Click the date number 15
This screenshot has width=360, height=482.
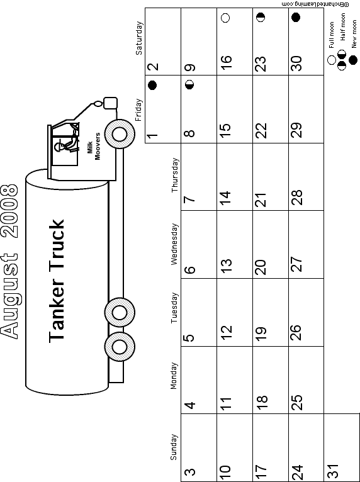coord(225,126)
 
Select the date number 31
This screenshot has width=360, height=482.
coord(333,470)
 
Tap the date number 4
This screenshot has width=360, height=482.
coord(189,405)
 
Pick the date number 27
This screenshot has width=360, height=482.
coord(297,264)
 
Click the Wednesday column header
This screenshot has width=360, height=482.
coord(174,244)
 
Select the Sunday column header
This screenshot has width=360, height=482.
coord(174,447)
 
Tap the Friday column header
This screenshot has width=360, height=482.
coord(138,109)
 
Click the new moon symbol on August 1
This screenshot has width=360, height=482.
coord(152,85)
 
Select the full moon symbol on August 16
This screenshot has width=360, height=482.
coord(225,18)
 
